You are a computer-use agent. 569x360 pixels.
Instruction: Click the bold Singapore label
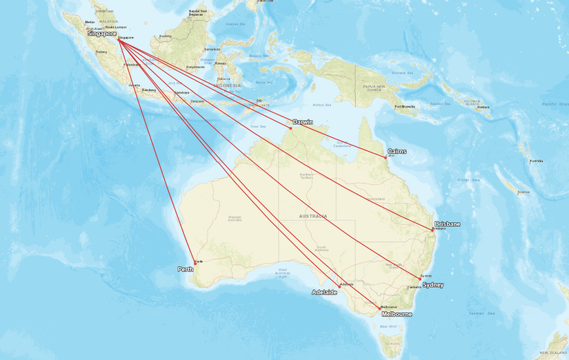tap(101, 33)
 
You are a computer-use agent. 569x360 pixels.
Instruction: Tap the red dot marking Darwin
tap(290, 128)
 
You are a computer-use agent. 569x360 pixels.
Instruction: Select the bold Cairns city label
tap(397, 151)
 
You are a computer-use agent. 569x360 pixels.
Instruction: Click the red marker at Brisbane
tap(432, 228)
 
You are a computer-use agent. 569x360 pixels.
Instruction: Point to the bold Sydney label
tap(432, 285)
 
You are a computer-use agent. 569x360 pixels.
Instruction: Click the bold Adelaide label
tap(324, 292)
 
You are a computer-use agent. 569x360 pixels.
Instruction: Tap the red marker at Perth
tap(195, 262)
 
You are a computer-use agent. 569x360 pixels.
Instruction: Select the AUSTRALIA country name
tap(312, 216)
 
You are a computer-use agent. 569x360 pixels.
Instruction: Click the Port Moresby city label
tap(405, 106)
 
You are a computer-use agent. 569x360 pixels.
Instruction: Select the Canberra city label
tap(414, 287)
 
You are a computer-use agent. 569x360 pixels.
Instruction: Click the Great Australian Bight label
tap(281, 272)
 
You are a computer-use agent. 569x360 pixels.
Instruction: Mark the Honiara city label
tap(483, 107)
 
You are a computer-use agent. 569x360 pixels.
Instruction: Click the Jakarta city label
tap(134, 86)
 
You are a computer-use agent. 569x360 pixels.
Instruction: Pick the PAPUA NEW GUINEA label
tap(372, 87)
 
